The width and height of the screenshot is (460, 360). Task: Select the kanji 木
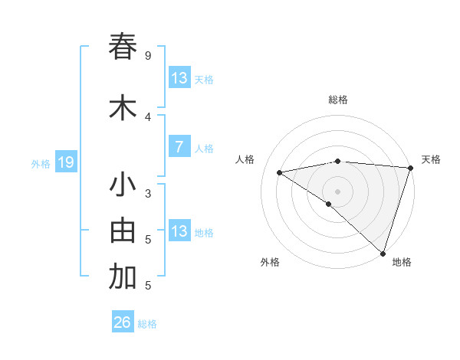click(x=123, y=107)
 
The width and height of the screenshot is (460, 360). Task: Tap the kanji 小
click(x=123, y=185)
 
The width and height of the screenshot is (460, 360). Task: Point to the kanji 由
click(x=123, y=231)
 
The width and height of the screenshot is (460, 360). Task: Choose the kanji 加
click(x=123, y=277)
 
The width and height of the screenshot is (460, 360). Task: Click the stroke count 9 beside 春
click(x=148, y=56)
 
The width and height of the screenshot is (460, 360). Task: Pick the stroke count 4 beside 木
click(x=148, y=117)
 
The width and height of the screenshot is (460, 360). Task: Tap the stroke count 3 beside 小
click(x=148, y=194)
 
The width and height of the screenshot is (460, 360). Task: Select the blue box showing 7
click(x=179, y=148)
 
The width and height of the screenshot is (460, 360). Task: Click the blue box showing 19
click(x=65, y=162)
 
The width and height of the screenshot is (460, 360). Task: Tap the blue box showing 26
click(x=123, y=322)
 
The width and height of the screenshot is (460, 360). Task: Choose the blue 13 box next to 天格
click(x=179, y=78)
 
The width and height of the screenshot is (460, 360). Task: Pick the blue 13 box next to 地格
click(x=179, y=231)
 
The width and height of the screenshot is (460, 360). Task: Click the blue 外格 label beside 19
click(x=41, y=163)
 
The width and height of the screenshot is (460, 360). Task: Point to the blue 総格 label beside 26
click(x=148, y=324)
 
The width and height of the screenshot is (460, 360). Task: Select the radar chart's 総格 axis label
click(x=338, y=100)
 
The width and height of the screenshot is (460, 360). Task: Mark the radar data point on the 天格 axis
click(x=411, y=168)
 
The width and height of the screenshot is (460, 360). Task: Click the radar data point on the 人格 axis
click(x=280, y=172)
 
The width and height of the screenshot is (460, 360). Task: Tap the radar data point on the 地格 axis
click(x=382, y=252)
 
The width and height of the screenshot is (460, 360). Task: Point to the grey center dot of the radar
click(x=338, y=191)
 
